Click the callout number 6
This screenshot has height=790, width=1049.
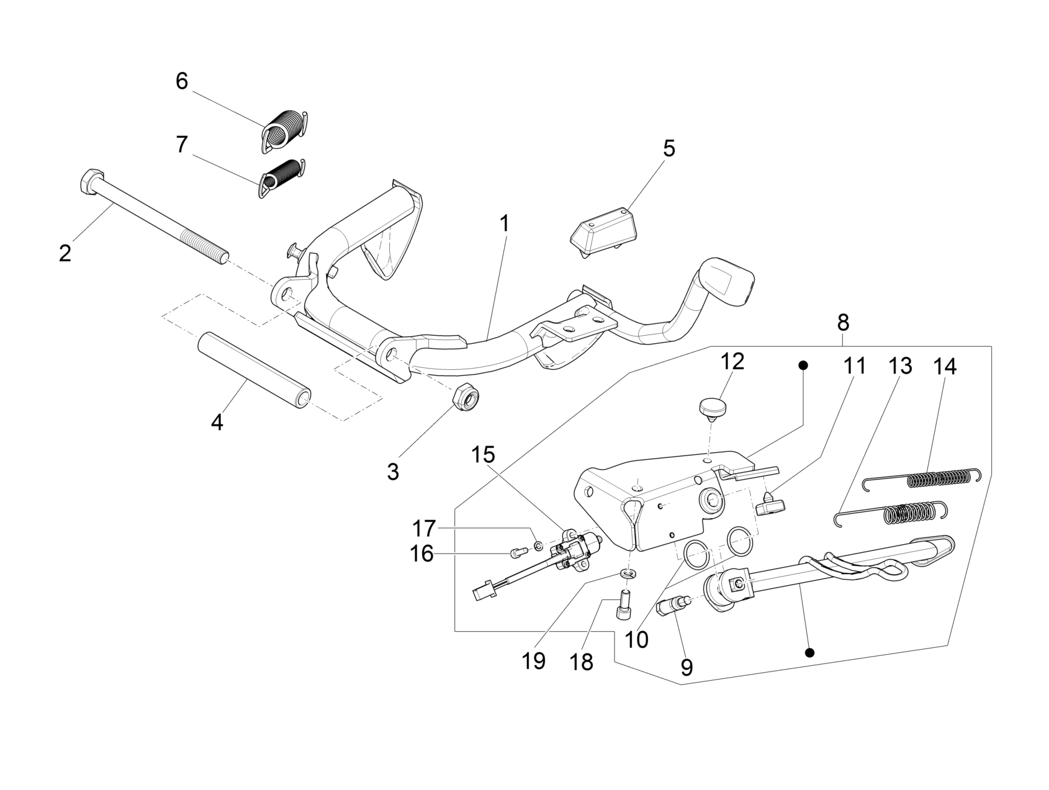pos(182,81)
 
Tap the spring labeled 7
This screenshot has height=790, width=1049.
pos(282,177)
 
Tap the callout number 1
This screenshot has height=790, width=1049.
pos(505,223)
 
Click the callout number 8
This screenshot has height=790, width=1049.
pos(843,323)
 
